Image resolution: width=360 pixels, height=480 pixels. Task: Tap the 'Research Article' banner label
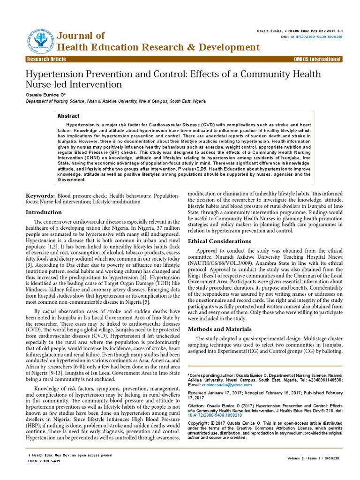coord(46,60)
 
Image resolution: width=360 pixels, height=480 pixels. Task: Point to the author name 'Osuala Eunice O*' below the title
coord(45,94)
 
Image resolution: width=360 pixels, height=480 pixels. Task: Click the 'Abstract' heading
coord(68,116)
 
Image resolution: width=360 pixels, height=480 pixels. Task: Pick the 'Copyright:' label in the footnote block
coord(199,423)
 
